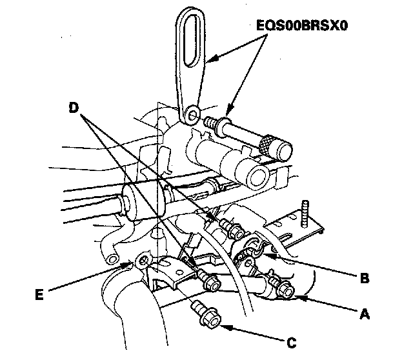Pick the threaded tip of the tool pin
click(209, 121)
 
